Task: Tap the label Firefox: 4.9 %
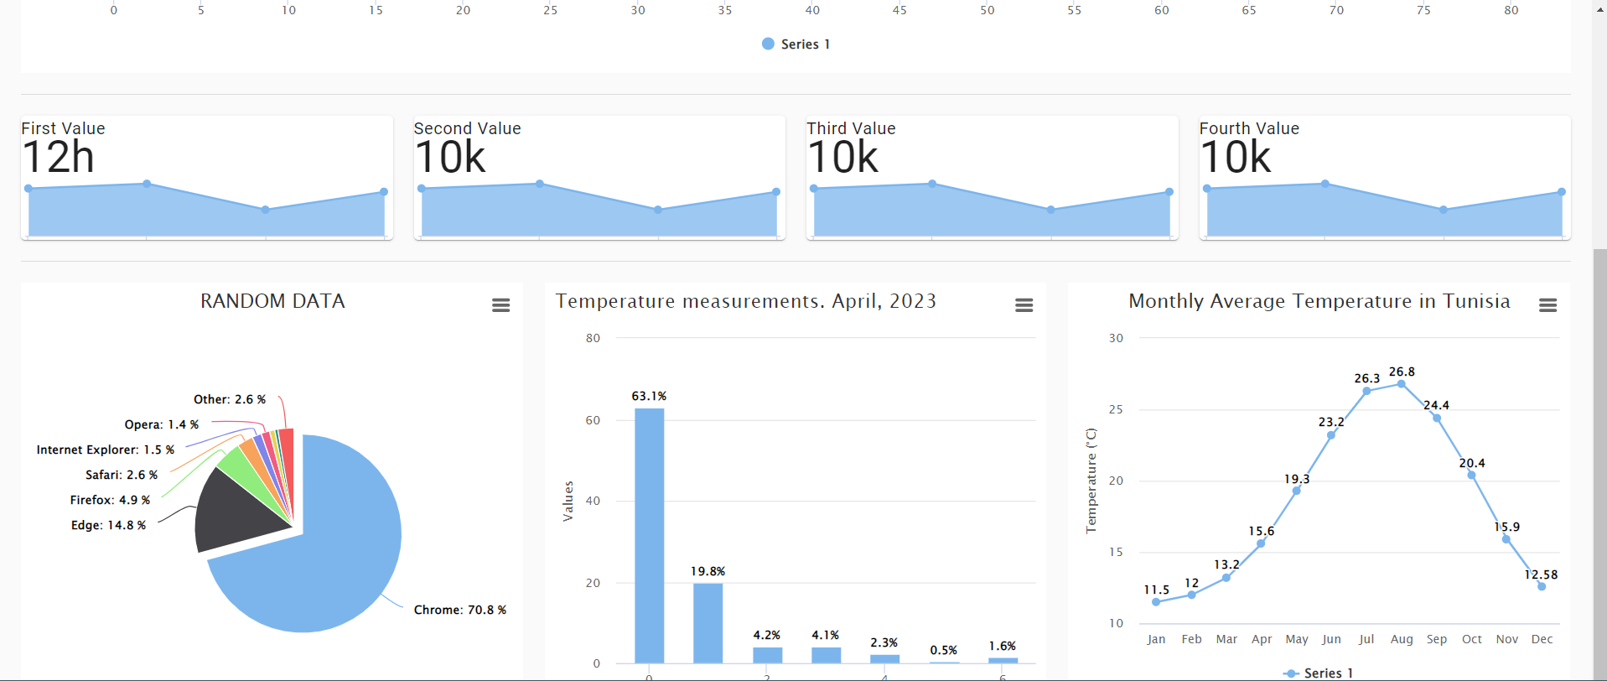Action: pos(110,500)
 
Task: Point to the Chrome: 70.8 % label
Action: pos(459,610)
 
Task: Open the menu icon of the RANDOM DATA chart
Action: pos(500,305)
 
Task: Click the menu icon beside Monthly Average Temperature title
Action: pos(1547,305)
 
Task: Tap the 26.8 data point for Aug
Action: pos(1401,384)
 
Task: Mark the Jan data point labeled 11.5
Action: pos(1156,602)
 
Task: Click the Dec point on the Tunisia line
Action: pos(1541,586)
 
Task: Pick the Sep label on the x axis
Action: pos(1436,639)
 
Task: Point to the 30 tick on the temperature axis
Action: pos(1116,338)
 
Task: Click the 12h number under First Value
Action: pos(59,158)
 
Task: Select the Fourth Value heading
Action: pos(1249,128)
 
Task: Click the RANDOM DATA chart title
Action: pos(272,301)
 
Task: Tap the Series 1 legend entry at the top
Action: pos(796,44)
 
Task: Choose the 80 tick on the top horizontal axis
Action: pos(1511,10)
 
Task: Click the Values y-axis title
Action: pos(568,501)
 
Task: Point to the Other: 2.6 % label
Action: pos(229,399)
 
